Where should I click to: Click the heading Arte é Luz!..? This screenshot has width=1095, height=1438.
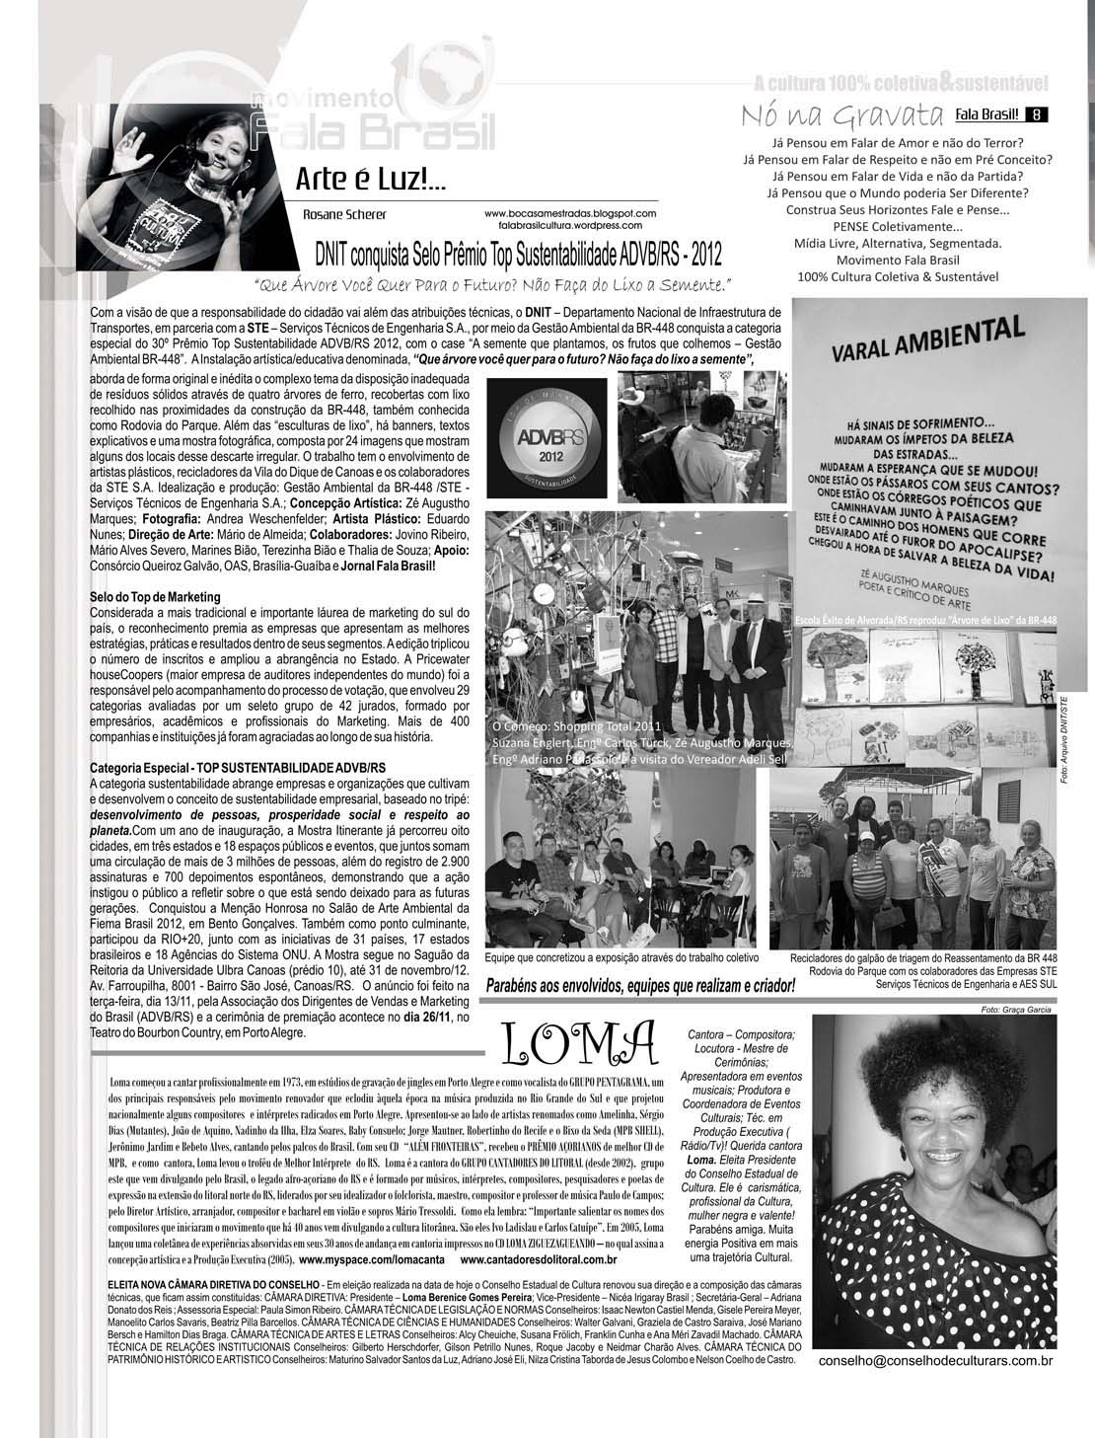370,180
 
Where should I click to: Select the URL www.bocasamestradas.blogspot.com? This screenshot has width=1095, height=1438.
570,212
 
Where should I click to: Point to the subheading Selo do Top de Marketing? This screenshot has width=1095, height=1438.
155,598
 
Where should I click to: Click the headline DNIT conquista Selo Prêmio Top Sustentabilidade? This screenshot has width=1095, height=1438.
518,255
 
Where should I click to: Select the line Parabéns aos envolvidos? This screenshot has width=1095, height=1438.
640,985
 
